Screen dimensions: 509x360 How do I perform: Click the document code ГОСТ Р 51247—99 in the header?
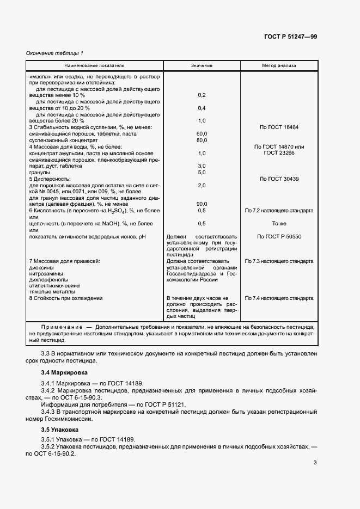(290, 36)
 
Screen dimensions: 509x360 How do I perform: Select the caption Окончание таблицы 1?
(55, 53)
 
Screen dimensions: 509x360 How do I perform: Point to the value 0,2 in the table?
(202, 95)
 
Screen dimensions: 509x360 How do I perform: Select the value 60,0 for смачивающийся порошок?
(202, 133)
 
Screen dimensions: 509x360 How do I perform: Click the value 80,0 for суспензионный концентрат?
(202, 140)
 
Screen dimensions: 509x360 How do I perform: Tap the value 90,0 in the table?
(202, 204)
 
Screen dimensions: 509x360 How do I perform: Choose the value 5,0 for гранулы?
(202, 172)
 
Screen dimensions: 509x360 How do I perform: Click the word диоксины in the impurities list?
(41, 268)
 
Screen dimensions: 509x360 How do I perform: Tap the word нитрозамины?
(45, 274)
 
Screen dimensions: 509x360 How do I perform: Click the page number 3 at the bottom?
(315, 463)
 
